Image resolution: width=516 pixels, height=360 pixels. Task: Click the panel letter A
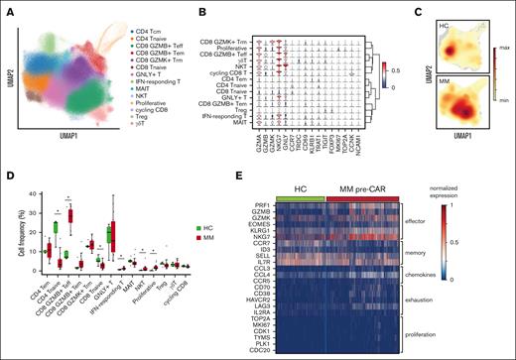(x=7, y=8)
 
